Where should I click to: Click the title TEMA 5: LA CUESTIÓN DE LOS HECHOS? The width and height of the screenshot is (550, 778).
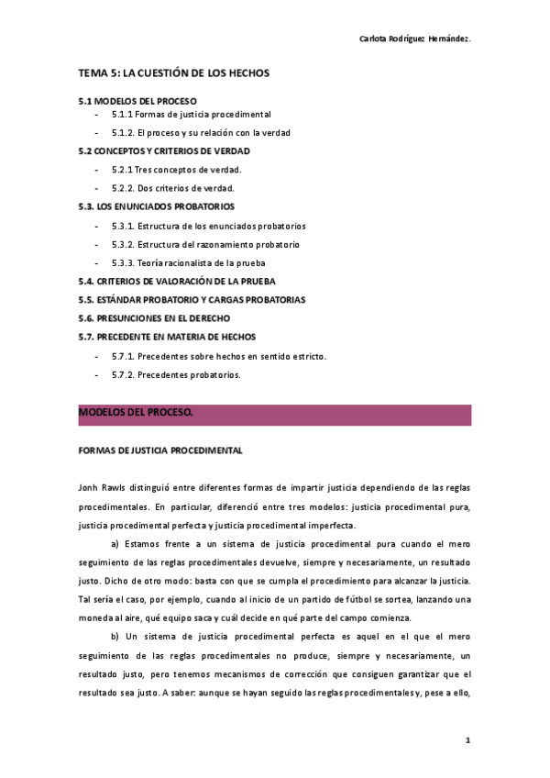(173, 72)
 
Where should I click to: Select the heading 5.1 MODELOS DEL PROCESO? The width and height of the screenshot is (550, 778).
(137, 100)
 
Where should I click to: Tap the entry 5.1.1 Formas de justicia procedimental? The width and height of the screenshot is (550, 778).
(191, 115)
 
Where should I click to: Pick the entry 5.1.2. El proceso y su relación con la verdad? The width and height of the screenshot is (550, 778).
(201, 132)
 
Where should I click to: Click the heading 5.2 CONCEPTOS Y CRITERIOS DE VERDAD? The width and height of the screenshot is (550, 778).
(164, 150)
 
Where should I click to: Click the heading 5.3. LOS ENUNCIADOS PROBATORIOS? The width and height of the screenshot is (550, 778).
(157, 206)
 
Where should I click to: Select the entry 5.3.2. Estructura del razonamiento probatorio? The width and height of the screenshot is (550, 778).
(205, 245)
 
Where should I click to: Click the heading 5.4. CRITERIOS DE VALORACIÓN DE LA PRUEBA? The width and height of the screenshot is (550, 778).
(177, 282)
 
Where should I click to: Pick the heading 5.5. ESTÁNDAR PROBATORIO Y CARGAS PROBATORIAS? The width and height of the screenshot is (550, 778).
(192, 300)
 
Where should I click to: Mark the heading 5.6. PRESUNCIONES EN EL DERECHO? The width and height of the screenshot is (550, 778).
(154, 318)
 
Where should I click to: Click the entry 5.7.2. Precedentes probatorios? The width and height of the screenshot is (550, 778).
(176, 374)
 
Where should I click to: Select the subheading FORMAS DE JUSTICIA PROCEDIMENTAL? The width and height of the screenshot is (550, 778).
(160, 451)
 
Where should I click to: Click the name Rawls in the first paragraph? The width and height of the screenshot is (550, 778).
(116, 486)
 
